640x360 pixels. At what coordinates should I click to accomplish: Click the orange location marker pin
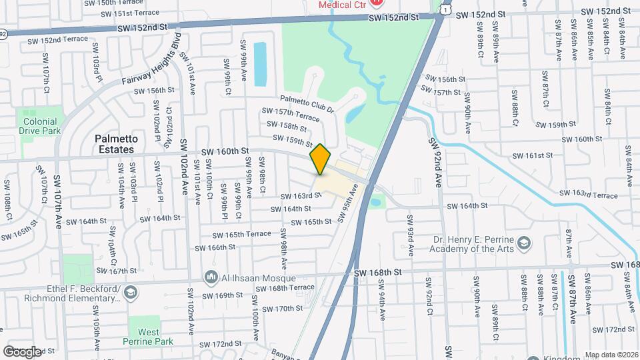(x=321, y=159)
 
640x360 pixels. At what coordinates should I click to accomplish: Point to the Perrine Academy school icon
(x=524, y=241)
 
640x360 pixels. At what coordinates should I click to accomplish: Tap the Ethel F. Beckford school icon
(x=131, y=293)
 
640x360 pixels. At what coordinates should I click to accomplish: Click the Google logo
(x=22, y=351)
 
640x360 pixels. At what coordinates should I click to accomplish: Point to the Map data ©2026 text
(x=611, y=355)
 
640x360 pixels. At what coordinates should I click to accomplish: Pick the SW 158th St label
(x=286, y=125)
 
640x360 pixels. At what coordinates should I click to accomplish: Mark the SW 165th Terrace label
(x=242, y=234)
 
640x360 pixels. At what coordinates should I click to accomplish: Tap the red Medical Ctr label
(x=343, y=5)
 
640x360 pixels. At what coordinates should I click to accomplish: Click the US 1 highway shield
(x=443, y=7)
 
